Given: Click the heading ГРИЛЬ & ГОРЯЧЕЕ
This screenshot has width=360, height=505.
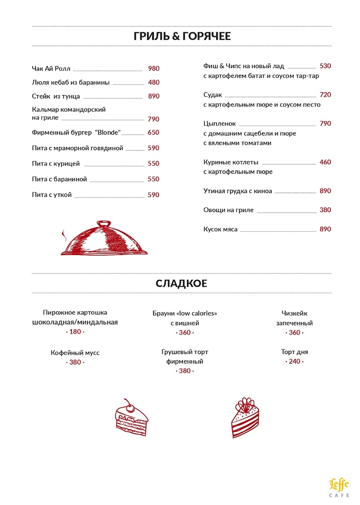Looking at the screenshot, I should point(182,36).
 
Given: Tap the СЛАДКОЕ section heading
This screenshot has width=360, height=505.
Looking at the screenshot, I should point(181,283).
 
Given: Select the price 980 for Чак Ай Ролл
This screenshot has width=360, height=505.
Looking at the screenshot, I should point(154,69).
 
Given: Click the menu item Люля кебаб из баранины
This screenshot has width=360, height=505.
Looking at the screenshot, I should point(71,82).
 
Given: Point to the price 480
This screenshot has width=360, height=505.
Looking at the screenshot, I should point(154,82).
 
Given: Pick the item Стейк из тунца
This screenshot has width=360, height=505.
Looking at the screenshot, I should point(56,96).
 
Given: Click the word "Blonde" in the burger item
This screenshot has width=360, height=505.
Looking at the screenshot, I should point(108,133).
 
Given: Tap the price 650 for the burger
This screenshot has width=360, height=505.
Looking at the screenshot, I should point(154,133).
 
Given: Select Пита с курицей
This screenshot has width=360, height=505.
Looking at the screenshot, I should point(56,164).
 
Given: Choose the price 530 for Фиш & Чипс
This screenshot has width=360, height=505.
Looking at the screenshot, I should point(326,66).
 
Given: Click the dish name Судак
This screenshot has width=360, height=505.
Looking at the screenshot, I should point(212,95).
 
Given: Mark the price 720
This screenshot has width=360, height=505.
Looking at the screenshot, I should point(326,95).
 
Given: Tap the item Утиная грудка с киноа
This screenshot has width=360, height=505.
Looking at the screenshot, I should point(238,191).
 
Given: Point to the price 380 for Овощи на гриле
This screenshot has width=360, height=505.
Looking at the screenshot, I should point(326,210).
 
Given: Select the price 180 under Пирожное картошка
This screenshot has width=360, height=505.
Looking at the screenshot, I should point(75,332).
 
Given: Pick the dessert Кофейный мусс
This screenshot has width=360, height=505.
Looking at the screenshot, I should point(75,353).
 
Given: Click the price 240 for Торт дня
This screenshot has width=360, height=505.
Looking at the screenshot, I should point(294,361).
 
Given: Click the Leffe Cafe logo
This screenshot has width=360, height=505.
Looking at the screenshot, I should point(339,487).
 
